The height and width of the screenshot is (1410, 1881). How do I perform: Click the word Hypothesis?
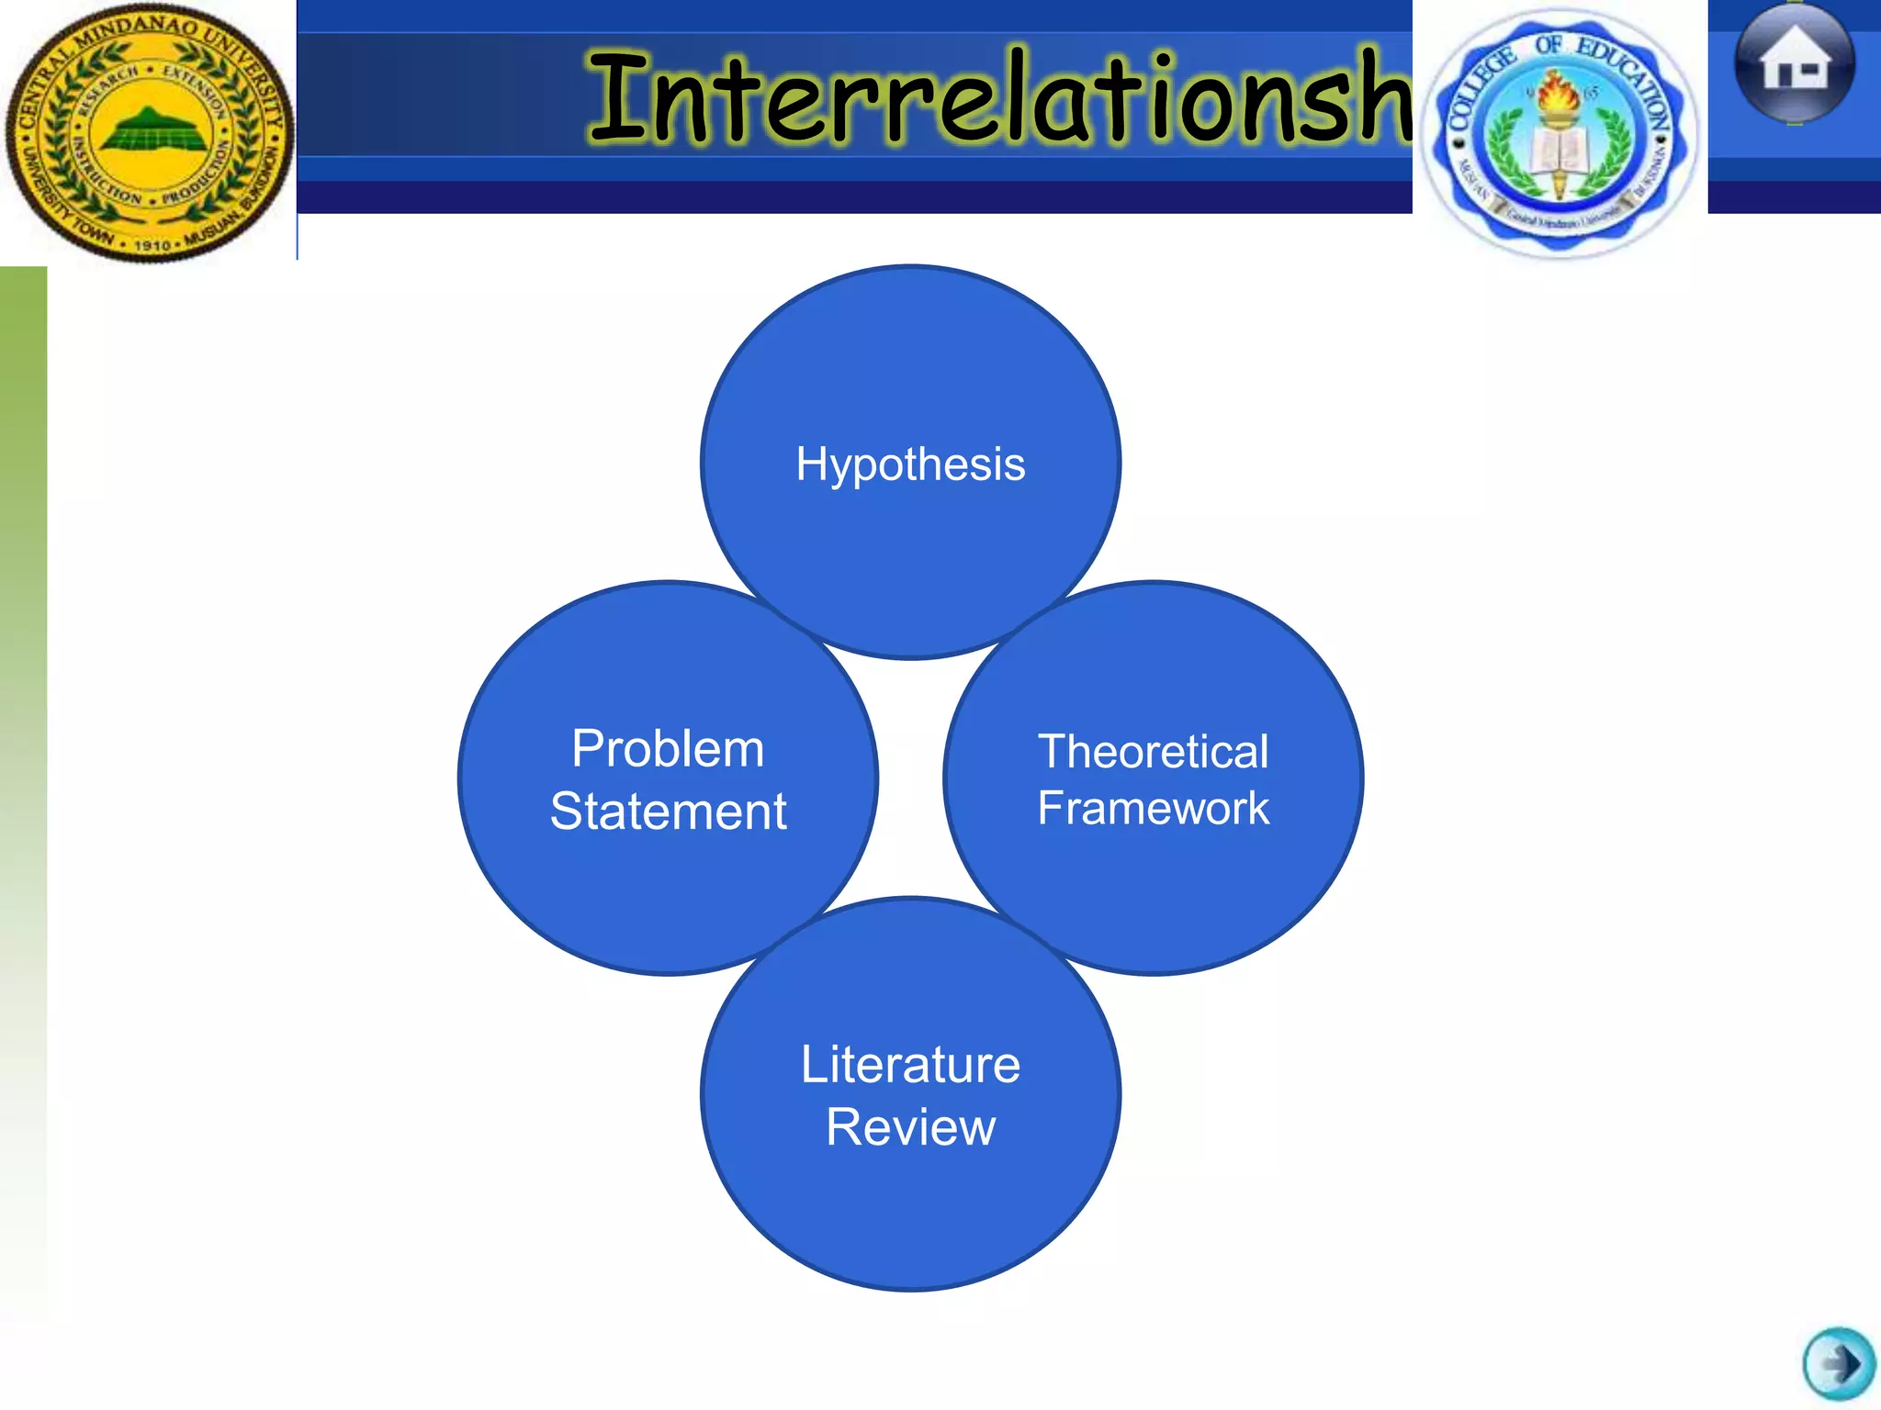click(x=910, y=464)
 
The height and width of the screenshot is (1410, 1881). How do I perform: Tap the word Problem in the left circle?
click(x=668, y=749)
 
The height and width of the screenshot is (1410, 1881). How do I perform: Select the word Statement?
click(x=668, y=811)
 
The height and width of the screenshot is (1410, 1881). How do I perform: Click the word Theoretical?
click(x=1153, y=752)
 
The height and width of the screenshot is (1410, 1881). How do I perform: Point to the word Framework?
click(x=1153, y=809)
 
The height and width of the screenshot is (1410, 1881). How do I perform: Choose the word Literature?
click(x=910, y=1065)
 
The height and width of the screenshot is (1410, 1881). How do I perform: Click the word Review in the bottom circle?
click(x=910, y=1127)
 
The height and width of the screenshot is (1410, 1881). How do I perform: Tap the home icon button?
click(x=1795, y=62)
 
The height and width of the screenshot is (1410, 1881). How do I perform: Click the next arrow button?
click(x=1838, y=1364)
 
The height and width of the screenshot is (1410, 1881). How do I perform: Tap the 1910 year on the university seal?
click(x=152, y=245)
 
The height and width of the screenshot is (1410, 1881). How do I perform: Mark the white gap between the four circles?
click(x=910, y=778)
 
